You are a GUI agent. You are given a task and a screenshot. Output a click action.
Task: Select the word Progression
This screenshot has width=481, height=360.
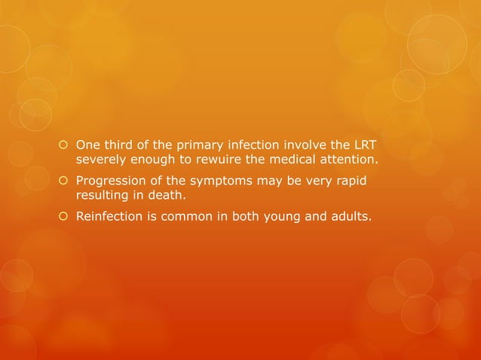(110, 182)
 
